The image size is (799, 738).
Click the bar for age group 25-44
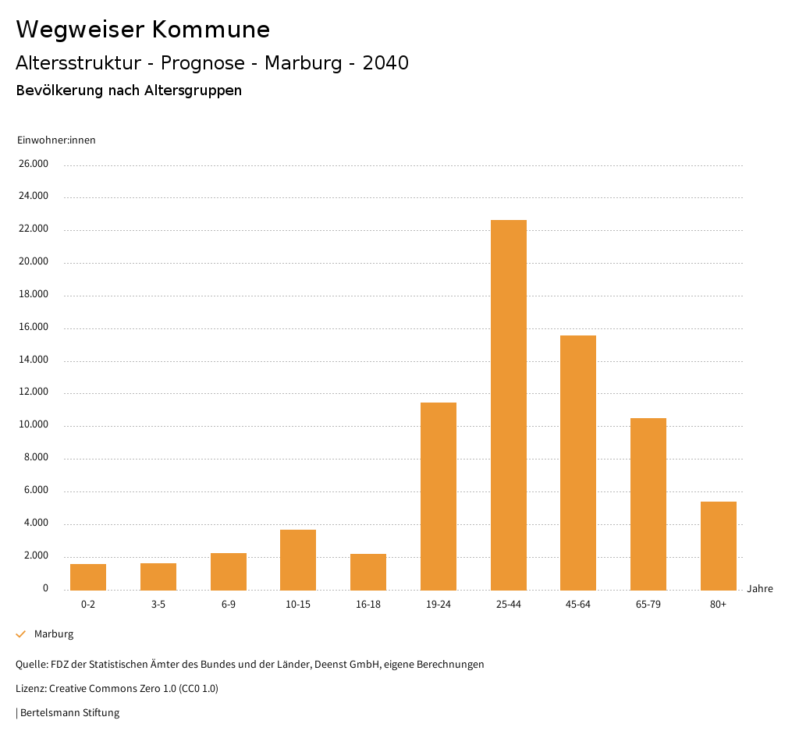[508, 405]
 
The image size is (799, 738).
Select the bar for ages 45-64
[578, 463]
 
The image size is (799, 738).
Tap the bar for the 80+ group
[718, 545]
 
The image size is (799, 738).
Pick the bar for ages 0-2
[88, 577]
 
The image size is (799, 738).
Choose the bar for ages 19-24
[439, 496]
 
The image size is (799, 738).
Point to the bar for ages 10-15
[298, 559]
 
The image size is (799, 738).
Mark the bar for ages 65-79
[648, 504]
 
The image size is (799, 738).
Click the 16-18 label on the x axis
[368, 605]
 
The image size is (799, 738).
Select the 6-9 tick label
[229, 605]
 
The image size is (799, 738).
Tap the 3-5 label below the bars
[158, 605]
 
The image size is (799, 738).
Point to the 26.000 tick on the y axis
[34, 164]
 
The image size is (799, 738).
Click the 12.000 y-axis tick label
[34, 392]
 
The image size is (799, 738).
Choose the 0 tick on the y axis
[45, 588]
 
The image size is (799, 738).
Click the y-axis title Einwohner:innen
[56, 140]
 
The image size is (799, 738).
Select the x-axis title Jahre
[760, 589]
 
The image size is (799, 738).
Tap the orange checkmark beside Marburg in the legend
[21, 634]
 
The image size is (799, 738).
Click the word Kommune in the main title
[211, 30]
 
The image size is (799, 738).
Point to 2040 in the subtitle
[385, 63]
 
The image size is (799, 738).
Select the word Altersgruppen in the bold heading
[193, 90]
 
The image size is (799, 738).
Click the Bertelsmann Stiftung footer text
[69, 712]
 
